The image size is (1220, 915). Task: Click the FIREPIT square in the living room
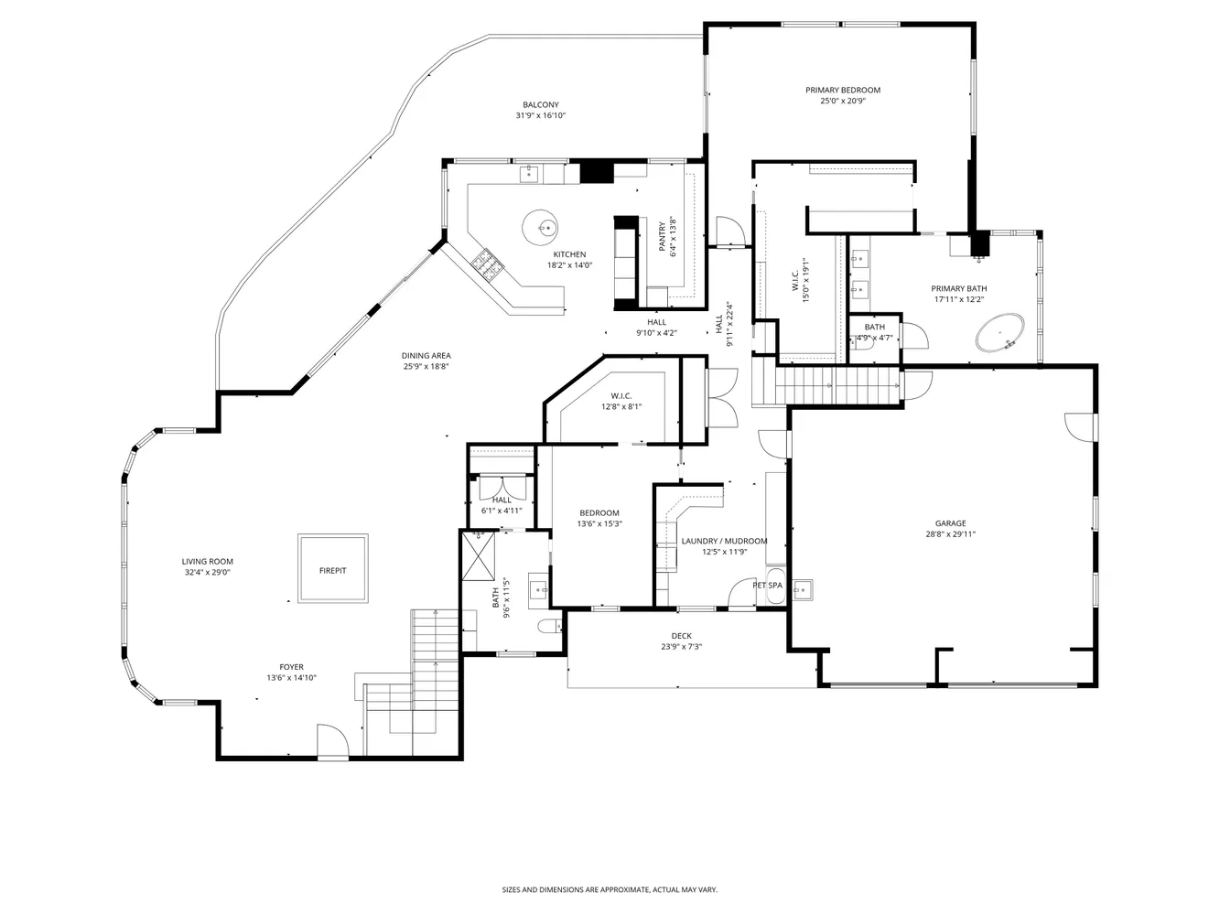point(333,569)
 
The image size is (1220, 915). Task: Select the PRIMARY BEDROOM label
point(843,90)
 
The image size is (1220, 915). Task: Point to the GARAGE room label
point(950,523)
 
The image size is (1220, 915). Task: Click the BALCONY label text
point(541,104)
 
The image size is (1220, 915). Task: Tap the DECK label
point(682,636)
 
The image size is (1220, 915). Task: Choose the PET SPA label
point(768,585)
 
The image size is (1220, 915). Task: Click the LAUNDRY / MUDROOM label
point(724,541)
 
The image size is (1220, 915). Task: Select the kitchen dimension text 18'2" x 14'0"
point(569,265)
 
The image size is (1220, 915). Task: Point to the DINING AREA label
point(426,355)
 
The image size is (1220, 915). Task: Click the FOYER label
point(292,667)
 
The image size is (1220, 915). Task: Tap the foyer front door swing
point(332,740)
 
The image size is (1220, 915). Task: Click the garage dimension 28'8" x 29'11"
point(950,534)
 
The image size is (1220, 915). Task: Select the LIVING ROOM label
point(207,562)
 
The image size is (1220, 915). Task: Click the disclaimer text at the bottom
point(610,888)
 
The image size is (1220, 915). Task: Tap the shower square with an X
point(480,554)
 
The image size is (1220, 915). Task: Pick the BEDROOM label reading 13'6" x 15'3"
point(599,512)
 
